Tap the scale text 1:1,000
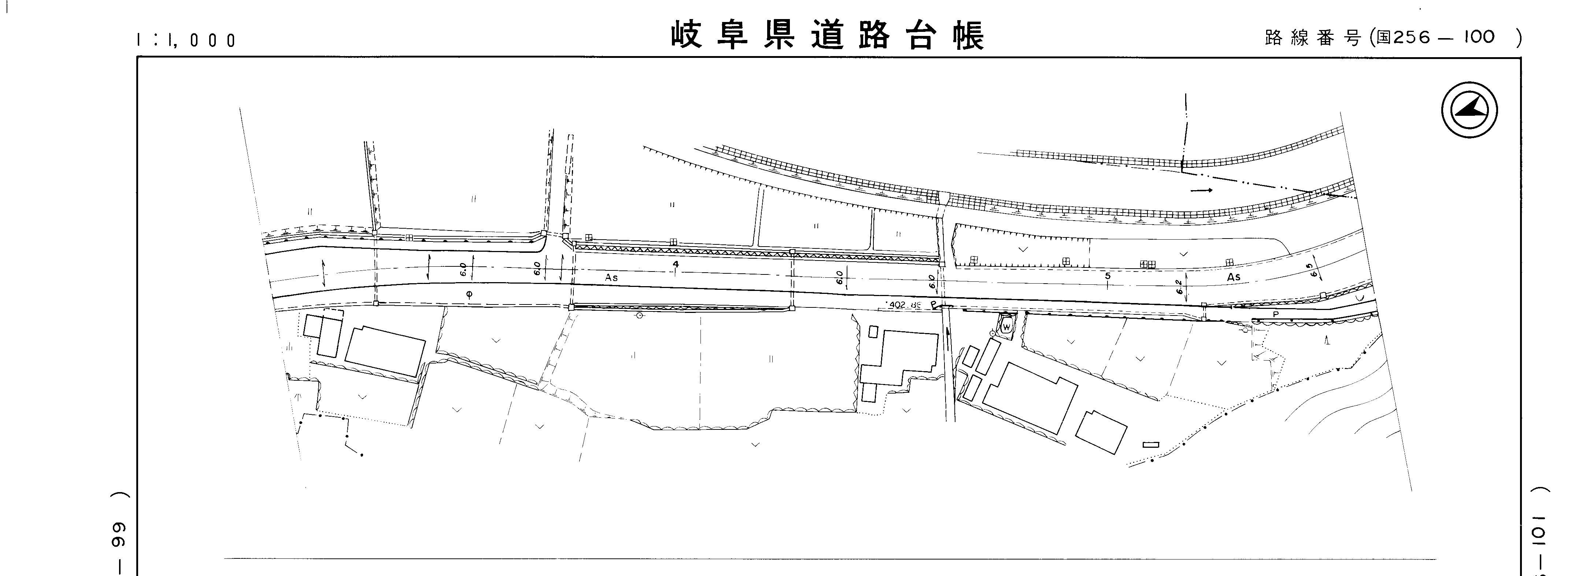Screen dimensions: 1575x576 pos(186,40)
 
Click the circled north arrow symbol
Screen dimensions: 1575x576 pos(1469,110)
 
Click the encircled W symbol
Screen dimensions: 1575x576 pos(1006,327)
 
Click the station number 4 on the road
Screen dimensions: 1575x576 pos(675,264)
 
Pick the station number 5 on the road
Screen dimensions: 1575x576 pos(1107,276)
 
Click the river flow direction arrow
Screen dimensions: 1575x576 pos(1201,190)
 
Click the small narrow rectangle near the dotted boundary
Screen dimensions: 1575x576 pos(1151,444)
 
